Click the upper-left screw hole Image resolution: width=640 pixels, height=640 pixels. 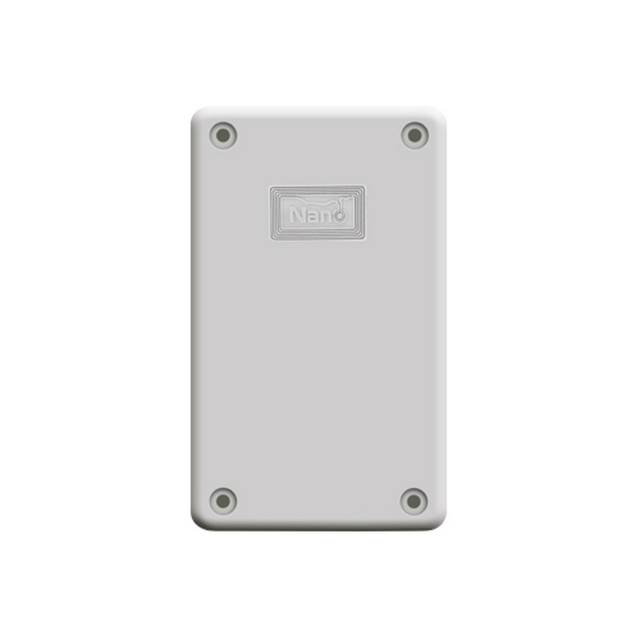click(223, 135)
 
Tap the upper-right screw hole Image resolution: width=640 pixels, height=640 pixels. click(414, 135)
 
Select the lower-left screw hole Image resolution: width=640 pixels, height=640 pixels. click(223, 500)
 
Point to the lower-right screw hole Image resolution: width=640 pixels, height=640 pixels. click(414, 500)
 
